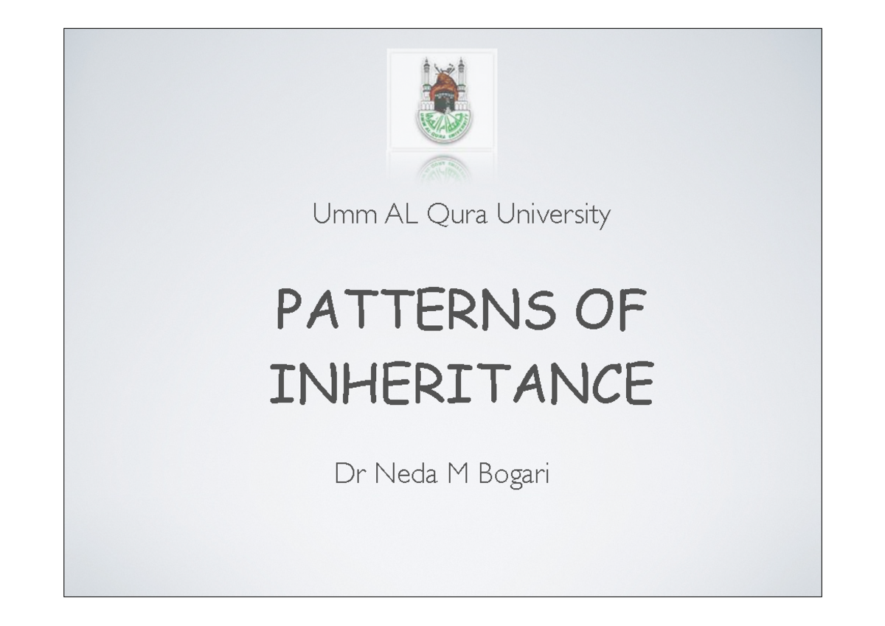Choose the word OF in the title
[x=614, y=310]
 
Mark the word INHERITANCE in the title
[x=461, y=385]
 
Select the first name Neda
[x=399, y=474]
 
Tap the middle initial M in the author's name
[x=457, y=474]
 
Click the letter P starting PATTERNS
[x=288, y=310]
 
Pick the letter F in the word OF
[x=634, y=310]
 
